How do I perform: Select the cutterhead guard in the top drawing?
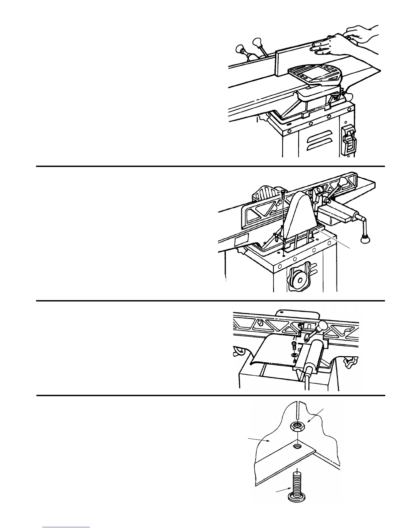click(x=314, y=75)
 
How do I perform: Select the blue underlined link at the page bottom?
click(x=66, y=527)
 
